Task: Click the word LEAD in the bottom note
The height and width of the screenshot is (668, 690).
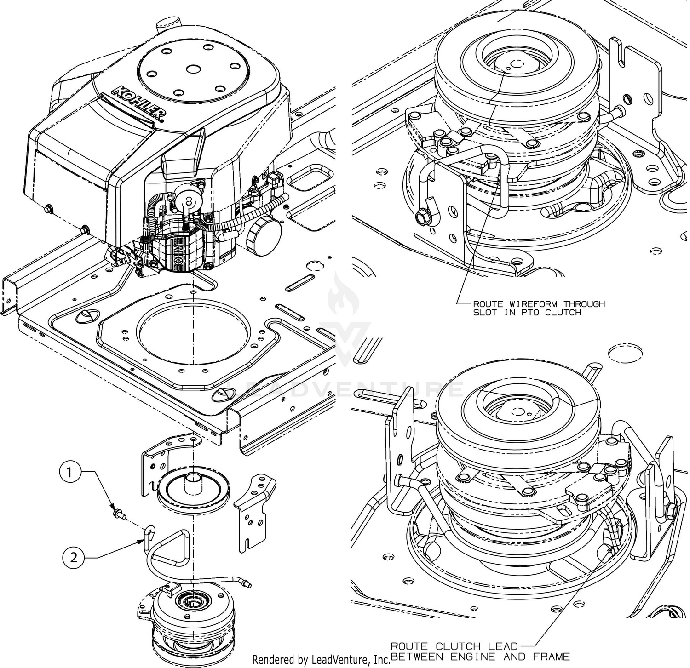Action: pos(506,646)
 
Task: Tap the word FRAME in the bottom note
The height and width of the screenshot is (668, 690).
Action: pos(556,656)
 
